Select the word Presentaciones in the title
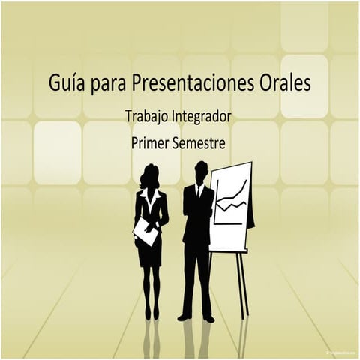(x=190, y=82)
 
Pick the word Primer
(x=151, y=141)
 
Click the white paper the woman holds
(x=146, y=232)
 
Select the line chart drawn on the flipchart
(x=230, y=199)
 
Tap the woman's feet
(x=151, y=313)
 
